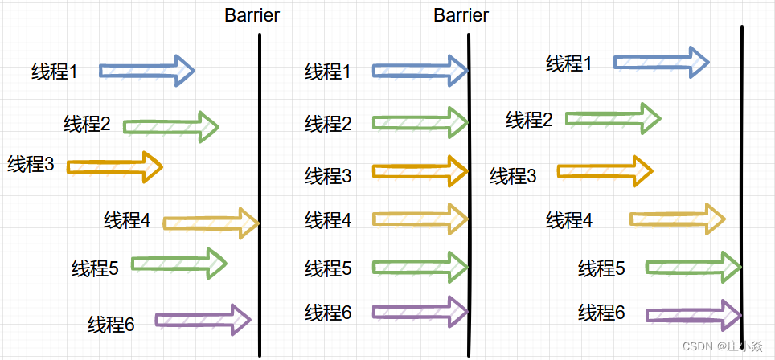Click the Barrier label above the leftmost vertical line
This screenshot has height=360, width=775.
click(252, 16)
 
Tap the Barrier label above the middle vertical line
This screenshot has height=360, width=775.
click(461, 16)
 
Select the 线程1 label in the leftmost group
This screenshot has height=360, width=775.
click(55, 72)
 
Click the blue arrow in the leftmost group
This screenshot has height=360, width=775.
click(147, 71)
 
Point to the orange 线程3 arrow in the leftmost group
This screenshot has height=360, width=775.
click(115, 167)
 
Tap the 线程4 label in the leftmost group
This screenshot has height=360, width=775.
click(127, 219)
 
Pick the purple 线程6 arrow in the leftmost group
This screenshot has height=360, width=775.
click(203, 320)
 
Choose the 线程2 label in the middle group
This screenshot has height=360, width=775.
click(328, 124)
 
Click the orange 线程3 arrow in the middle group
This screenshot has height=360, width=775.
click(420, 170)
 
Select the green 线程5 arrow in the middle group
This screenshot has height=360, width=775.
click(420, 266)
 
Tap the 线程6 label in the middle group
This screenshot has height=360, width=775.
click(328, 312)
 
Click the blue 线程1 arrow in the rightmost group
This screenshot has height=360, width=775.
click(661, 62)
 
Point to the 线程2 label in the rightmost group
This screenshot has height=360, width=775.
click(529, 120)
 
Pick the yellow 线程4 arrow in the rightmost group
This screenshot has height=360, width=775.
click(677, 219)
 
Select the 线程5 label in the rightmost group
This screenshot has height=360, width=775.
click(601, 268)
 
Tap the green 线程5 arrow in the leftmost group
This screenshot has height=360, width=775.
click(178, 263)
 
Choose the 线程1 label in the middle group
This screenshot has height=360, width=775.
click(328, 72)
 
